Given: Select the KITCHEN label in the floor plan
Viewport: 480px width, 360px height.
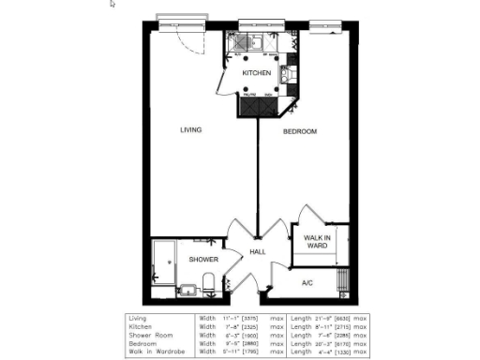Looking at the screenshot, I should click(257, 72).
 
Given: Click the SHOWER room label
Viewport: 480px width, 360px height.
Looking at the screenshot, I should click(203, 260).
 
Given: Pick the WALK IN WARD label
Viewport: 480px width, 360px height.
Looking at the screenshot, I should click(320, 243).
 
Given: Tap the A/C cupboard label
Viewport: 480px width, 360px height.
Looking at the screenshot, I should click(307, 281).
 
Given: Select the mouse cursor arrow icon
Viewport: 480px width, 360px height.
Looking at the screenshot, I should click(112, 5).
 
